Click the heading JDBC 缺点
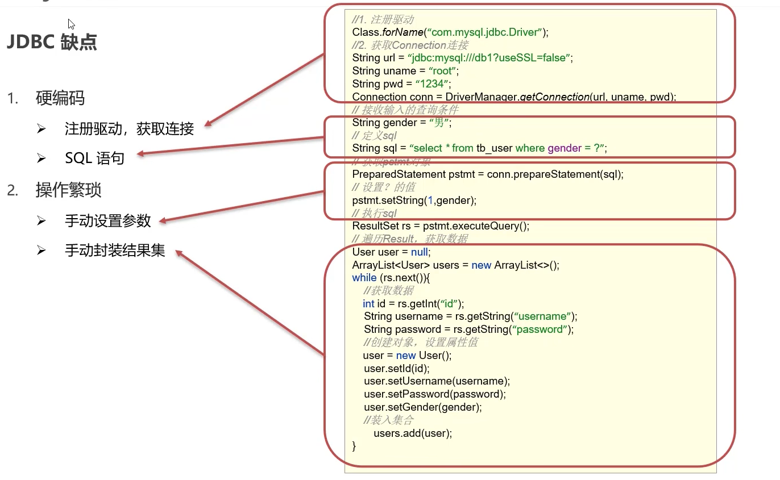(x=52, y=42)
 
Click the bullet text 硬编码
(x=60, y=98)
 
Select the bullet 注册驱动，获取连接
(x=129, y=129)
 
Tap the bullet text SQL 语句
(x=94, y=158)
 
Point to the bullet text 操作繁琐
(x=68, y=190)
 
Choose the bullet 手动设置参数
(x=108, y=220)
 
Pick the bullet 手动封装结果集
(x=115, y=251)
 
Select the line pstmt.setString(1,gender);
(x=414, y=200)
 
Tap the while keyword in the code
(x=364, y=278)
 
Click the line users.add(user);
(x=413, y=433)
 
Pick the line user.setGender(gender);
(x=423, y=407)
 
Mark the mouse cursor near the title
(x=71, y=24)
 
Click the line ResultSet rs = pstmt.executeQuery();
(x=441, y=226)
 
